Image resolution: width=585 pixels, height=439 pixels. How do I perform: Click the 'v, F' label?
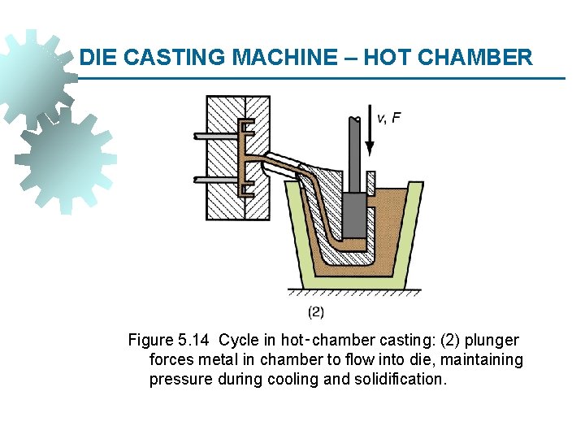tap(389, 118)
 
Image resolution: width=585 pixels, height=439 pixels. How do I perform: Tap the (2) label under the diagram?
tap(316, 311)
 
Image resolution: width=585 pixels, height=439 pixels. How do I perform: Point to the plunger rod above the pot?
tap(356, 154)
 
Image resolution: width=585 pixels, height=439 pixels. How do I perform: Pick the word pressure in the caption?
tap(181, 379)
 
